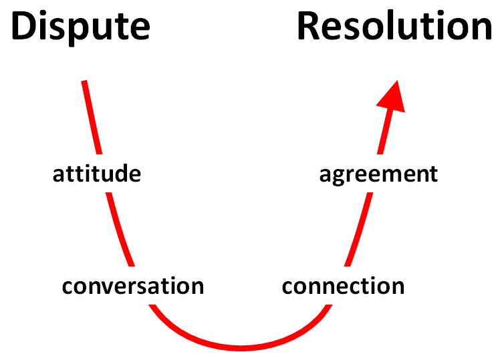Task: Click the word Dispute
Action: pos(80,27)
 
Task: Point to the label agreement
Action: pos(378,174)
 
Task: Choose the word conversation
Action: pos(132,286)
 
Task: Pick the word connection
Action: pos(343,286)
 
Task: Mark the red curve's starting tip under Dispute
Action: pos(84,82)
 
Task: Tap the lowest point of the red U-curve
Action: pos(241,347)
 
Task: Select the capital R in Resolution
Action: pos(311,27)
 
